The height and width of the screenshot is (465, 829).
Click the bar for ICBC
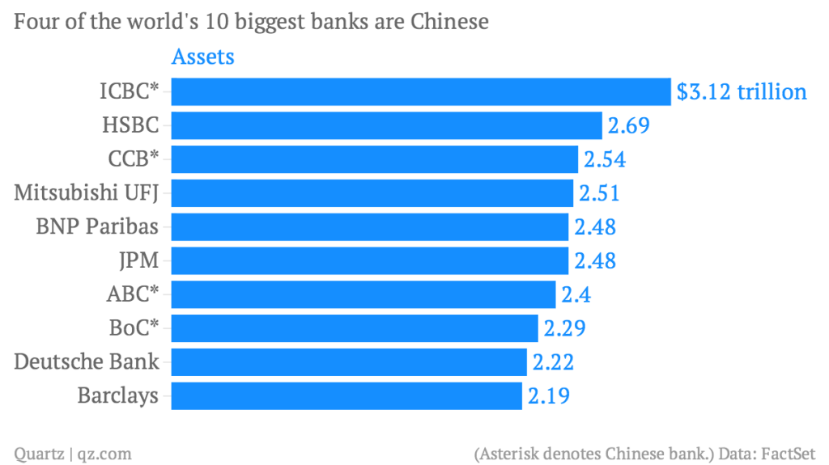421,91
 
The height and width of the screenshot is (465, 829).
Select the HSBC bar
386,125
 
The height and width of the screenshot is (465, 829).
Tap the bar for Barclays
346,395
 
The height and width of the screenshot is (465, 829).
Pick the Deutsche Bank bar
349,361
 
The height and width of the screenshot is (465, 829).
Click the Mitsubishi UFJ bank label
86,193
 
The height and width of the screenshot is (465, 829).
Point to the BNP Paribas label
97,226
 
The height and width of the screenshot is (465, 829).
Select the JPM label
138,260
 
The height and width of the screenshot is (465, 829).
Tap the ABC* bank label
132,294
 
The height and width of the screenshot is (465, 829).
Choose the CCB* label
133,159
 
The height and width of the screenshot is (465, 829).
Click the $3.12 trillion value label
742,92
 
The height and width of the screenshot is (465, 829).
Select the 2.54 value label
604,160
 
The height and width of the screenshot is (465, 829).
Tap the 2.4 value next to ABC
574,294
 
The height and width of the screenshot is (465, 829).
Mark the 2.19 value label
549,396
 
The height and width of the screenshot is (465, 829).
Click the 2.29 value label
564,328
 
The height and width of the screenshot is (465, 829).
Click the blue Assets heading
202,57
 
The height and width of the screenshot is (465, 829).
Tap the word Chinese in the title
450,22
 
